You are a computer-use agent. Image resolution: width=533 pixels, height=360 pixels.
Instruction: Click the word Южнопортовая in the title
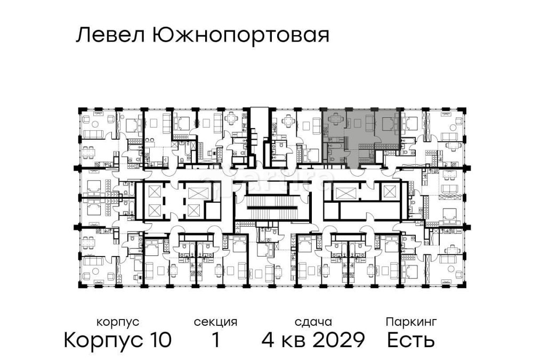point(240,36)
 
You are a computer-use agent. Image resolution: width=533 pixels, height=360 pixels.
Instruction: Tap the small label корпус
point(118,322)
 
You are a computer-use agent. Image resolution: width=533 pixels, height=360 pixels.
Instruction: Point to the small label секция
point(215,322)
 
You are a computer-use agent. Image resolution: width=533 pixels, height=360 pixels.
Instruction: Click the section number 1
point(215,340)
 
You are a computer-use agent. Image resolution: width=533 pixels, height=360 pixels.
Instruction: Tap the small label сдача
point(313,322)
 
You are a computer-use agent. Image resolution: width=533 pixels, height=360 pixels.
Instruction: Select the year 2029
point(338,340)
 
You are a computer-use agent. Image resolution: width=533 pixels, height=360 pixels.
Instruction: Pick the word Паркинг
point(411,322)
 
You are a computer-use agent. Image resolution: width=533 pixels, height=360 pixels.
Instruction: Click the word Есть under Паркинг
point(411,340)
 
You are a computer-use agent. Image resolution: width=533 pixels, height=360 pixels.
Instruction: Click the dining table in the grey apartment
point(336,120)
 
